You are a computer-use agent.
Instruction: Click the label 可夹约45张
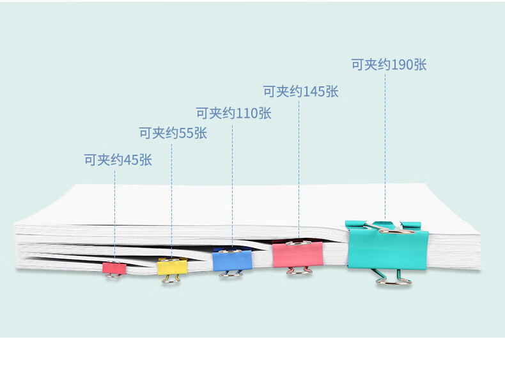(118, 160)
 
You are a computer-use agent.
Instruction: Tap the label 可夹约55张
(173, 133)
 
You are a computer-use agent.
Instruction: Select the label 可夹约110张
(233, 114)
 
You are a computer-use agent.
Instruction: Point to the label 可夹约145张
(300, 91)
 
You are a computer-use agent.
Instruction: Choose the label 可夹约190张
(389, 65)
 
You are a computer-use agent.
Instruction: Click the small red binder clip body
(114, 267)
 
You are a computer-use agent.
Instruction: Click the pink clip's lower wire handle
(299, 271)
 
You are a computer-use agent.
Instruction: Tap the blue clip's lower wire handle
(231, 274)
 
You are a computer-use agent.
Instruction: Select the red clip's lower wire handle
(114, 276)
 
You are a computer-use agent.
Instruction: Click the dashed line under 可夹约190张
(385, 141)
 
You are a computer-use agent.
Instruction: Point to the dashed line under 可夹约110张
(232, 179)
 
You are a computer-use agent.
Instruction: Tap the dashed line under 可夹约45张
(114, 211)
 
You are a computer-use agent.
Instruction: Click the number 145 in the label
(314, 91)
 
